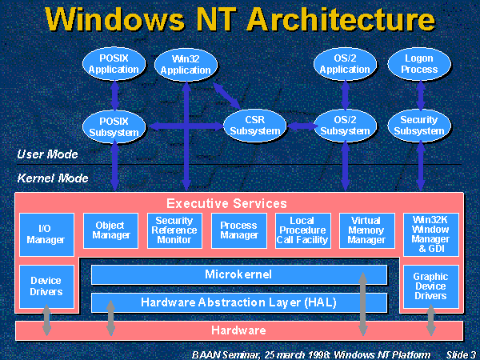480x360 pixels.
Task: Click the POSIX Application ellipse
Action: (114, 64)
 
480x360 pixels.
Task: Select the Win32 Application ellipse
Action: (186, 64)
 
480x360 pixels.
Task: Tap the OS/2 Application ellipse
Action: (345, 64)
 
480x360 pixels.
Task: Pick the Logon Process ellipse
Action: (419, 64)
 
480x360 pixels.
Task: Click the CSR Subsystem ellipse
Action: (255, 125)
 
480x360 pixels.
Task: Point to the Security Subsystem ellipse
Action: (419, 125)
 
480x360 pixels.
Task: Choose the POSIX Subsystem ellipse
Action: (114, 125)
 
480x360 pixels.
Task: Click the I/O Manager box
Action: (46, 233)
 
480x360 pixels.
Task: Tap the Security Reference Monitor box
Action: (174, 230)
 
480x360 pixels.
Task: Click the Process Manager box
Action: (238, 230)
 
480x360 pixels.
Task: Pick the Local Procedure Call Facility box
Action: (302, 230)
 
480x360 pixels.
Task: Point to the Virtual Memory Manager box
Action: (366, 230)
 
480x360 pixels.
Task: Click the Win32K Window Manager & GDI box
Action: (430, 233)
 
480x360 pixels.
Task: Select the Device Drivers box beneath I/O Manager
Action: (46, 286)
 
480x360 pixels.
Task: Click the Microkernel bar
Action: (238, 274)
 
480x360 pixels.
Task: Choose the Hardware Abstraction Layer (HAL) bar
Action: (238, 302)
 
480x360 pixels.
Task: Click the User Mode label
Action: (47, 154)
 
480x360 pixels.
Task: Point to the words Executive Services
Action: (226, 203)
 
